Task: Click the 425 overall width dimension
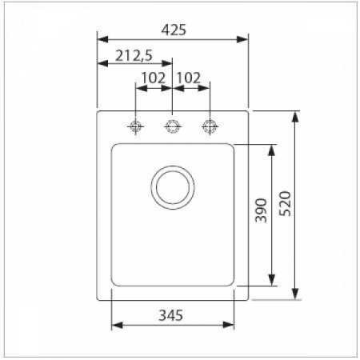point(173,30)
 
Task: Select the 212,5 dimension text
point(134,56)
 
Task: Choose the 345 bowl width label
point(171,314)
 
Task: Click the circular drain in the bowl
point(172,187)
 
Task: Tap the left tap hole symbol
point(135,126)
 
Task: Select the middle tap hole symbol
point(172,126)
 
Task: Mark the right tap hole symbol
point(210,126)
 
